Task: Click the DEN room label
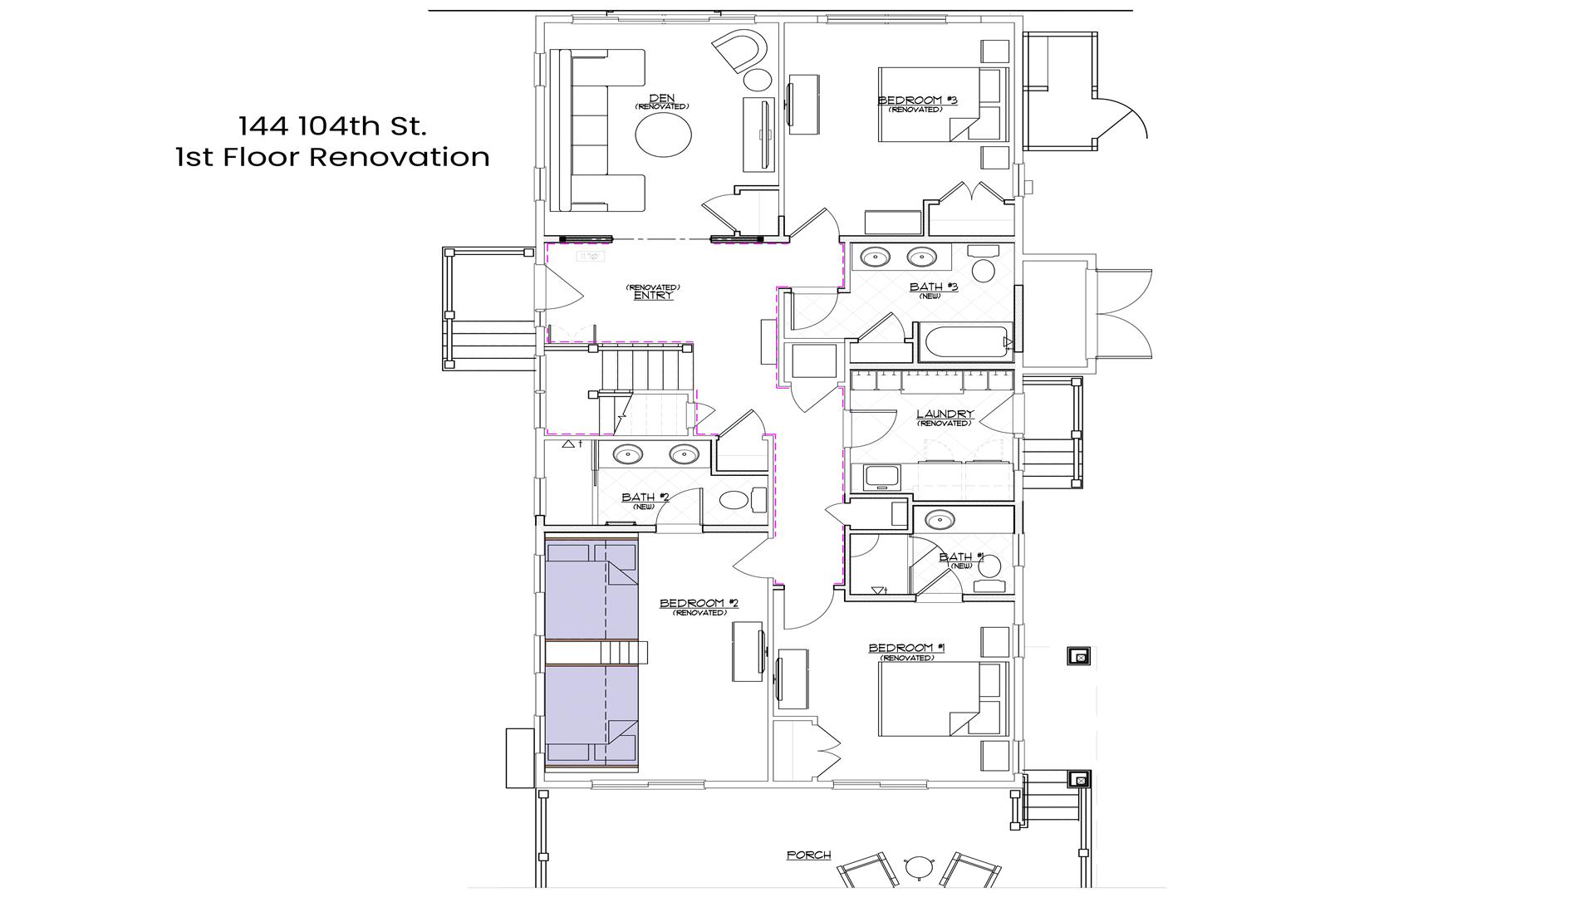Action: [x=662, y=98]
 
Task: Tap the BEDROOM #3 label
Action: [x=918, y=100]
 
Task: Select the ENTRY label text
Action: [x=653, y=295]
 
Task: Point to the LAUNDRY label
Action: [x=945, y=414]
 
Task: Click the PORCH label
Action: [x=808, y=855]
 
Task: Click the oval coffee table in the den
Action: [x=663, y=134]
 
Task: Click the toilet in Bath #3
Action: [x=984, y=263]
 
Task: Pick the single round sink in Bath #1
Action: [x=940, y=521]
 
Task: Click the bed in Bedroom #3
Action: [x=943, y=105]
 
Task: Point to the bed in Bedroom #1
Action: [x=943, y=698]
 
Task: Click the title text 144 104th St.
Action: [x=332, y=126]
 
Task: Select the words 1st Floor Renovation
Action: [x=332, y=157]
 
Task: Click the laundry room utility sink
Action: [x=881, y=476]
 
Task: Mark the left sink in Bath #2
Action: [x=628, y=454]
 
